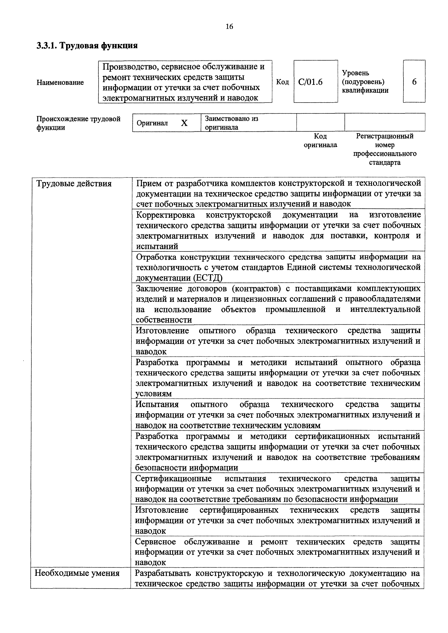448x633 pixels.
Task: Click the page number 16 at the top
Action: [x=229, y=27]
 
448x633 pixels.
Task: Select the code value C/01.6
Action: [x=310, y=82]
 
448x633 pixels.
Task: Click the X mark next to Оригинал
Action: [x=184, y=123]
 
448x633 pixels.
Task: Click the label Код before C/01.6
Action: [x=282, y=82]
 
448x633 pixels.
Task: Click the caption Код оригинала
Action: [x=320, y=140]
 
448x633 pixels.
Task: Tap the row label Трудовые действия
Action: [x=74, y=184]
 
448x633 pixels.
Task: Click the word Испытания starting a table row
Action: [x=157, y=404]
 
